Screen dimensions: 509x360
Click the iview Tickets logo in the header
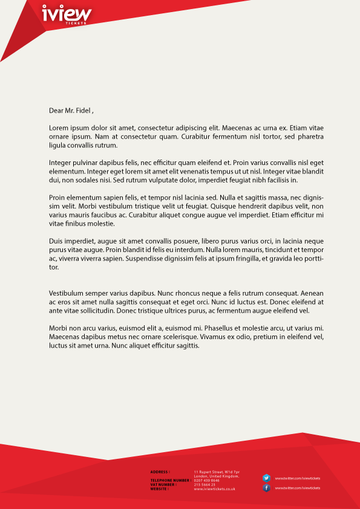point(67,14)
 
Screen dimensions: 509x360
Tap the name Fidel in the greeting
point(82,111)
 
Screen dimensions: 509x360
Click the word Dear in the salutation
point(56,111)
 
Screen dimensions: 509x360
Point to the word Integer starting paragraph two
point(61,163)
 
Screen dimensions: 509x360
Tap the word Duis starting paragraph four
point(56,241)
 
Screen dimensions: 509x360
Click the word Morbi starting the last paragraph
point(59,328)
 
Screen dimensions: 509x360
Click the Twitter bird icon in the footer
point(266,478)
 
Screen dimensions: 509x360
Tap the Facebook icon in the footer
point(266,488)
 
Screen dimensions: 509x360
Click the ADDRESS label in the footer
point(160,472)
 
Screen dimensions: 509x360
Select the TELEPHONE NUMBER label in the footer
point(170,481)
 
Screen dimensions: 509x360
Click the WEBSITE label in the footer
point(159,489)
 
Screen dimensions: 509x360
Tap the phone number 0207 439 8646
point(207,481)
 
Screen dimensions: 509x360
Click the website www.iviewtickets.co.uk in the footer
point(215,489)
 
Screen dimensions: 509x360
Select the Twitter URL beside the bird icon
point(298,478)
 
